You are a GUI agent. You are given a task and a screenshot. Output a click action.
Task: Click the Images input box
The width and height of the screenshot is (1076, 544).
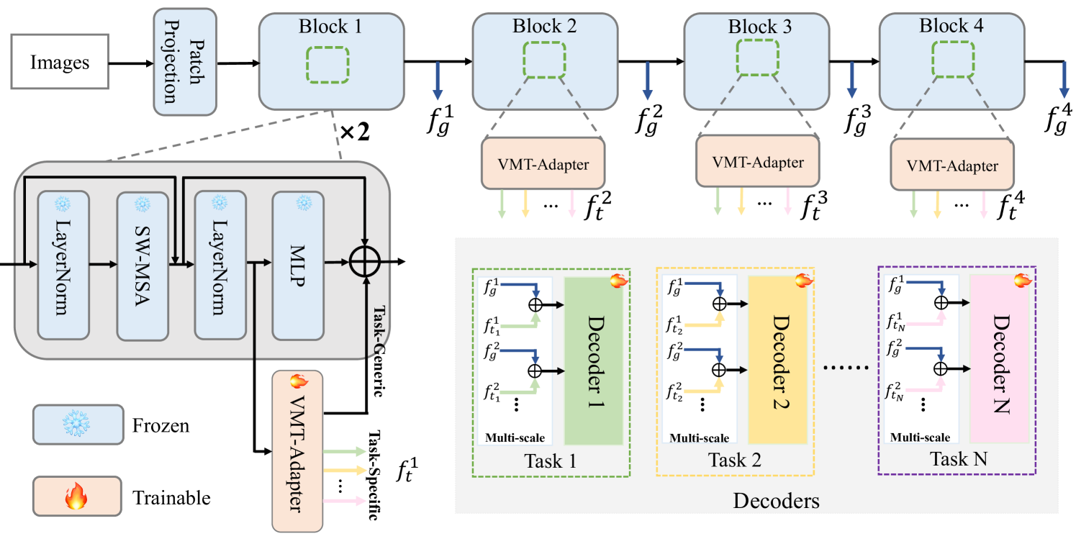[60, 63]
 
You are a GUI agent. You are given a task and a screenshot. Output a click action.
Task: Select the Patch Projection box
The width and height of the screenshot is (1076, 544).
[185, 62]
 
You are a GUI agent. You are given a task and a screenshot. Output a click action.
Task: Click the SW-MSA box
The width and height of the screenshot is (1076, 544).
[143, 266]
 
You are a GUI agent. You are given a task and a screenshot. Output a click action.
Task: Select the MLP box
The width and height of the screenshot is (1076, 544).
[298, 266]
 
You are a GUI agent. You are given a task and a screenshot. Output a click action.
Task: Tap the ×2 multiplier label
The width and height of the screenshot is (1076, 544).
[353, 132]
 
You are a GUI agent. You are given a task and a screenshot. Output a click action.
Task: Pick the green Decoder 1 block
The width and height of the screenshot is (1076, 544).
[594, 360]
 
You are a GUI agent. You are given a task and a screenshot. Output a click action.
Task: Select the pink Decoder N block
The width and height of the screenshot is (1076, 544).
[998, 360]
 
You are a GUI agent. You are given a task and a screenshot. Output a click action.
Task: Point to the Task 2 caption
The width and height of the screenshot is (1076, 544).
[735, 461]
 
